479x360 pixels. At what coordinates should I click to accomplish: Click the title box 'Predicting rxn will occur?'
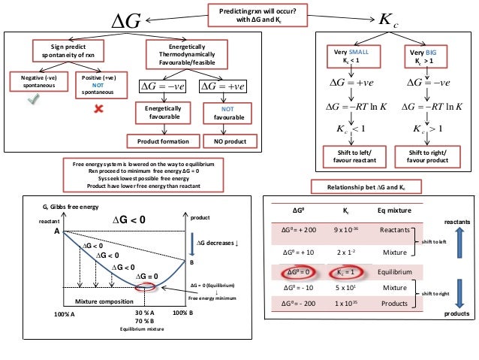pyautogui.click(x=261, y=12)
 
